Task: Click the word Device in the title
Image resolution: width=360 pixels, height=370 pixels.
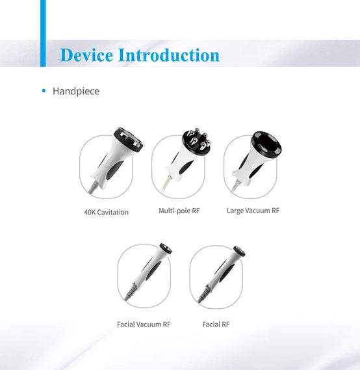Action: pos(86,55)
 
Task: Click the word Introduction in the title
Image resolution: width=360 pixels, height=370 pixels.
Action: pos(169,55)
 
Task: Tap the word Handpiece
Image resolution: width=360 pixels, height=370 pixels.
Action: pos(76,91)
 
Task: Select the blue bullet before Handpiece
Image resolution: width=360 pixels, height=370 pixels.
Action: pos(44,90)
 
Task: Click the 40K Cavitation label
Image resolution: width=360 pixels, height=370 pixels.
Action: pos(107,212)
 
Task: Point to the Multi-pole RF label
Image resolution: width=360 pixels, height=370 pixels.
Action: pos(179,211)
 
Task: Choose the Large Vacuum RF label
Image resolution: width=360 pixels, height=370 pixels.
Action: pos(253,211)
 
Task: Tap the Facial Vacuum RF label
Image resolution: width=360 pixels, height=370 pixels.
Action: pos(144,324)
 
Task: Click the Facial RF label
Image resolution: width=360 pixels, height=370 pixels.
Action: pos(216,324)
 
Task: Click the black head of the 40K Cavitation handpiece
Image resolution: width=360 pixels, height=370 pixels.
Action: pos(129,139)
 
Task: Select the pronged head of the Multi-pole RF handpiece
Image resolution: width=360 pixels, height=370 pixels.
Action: pos(197,140)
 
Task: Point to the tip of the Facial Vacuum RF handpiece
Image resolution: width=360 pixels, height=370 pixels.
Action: pos(166,248)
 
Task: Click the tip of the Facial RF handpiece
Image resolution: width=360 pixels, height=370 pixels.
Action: pos(240,251)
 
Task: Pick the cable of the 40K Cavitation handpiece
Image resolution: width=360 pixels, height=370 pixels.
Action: pos(93,187)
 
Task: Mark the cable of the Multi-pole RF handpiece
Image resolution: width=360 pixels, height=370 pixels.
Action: pos(166,184)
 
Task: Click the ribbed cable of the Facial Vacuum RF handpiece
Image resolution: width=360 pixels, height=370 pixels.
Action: pos(130,292)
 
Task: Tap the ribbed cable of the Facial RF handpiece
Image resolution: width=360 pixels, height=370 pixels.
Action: pos(203,293)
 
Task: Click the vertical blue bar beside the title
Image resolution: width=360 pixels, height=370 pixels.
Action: pos(43,33)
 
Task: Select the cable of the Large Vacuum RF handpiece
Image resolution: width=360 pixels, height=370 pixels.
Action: pos(236,187)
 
